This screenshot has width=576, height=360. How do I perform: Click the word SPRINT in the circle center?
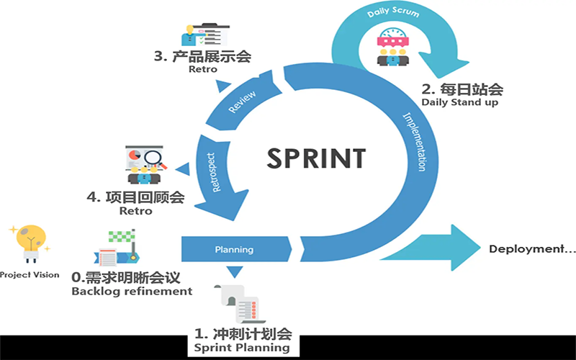316,157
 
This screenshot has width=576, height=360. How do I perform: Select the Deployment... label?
532,249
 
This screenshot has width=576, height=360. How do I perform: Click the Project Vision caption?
30,275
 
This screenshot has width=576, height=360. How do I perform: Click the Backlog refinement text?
132,292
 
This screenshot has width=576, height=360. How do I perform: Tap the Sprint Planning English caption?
242,348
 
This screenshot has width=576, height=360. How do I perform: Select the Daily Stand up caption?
460,103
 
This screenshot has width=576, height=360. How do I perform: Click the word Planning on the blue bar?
234,250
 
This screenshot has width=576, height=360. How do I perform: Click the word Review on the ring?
242,102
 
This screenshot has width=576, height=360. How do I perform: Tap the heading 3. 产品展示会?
202,56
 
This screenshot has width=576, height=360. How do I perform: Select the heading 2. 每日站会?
462,90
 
